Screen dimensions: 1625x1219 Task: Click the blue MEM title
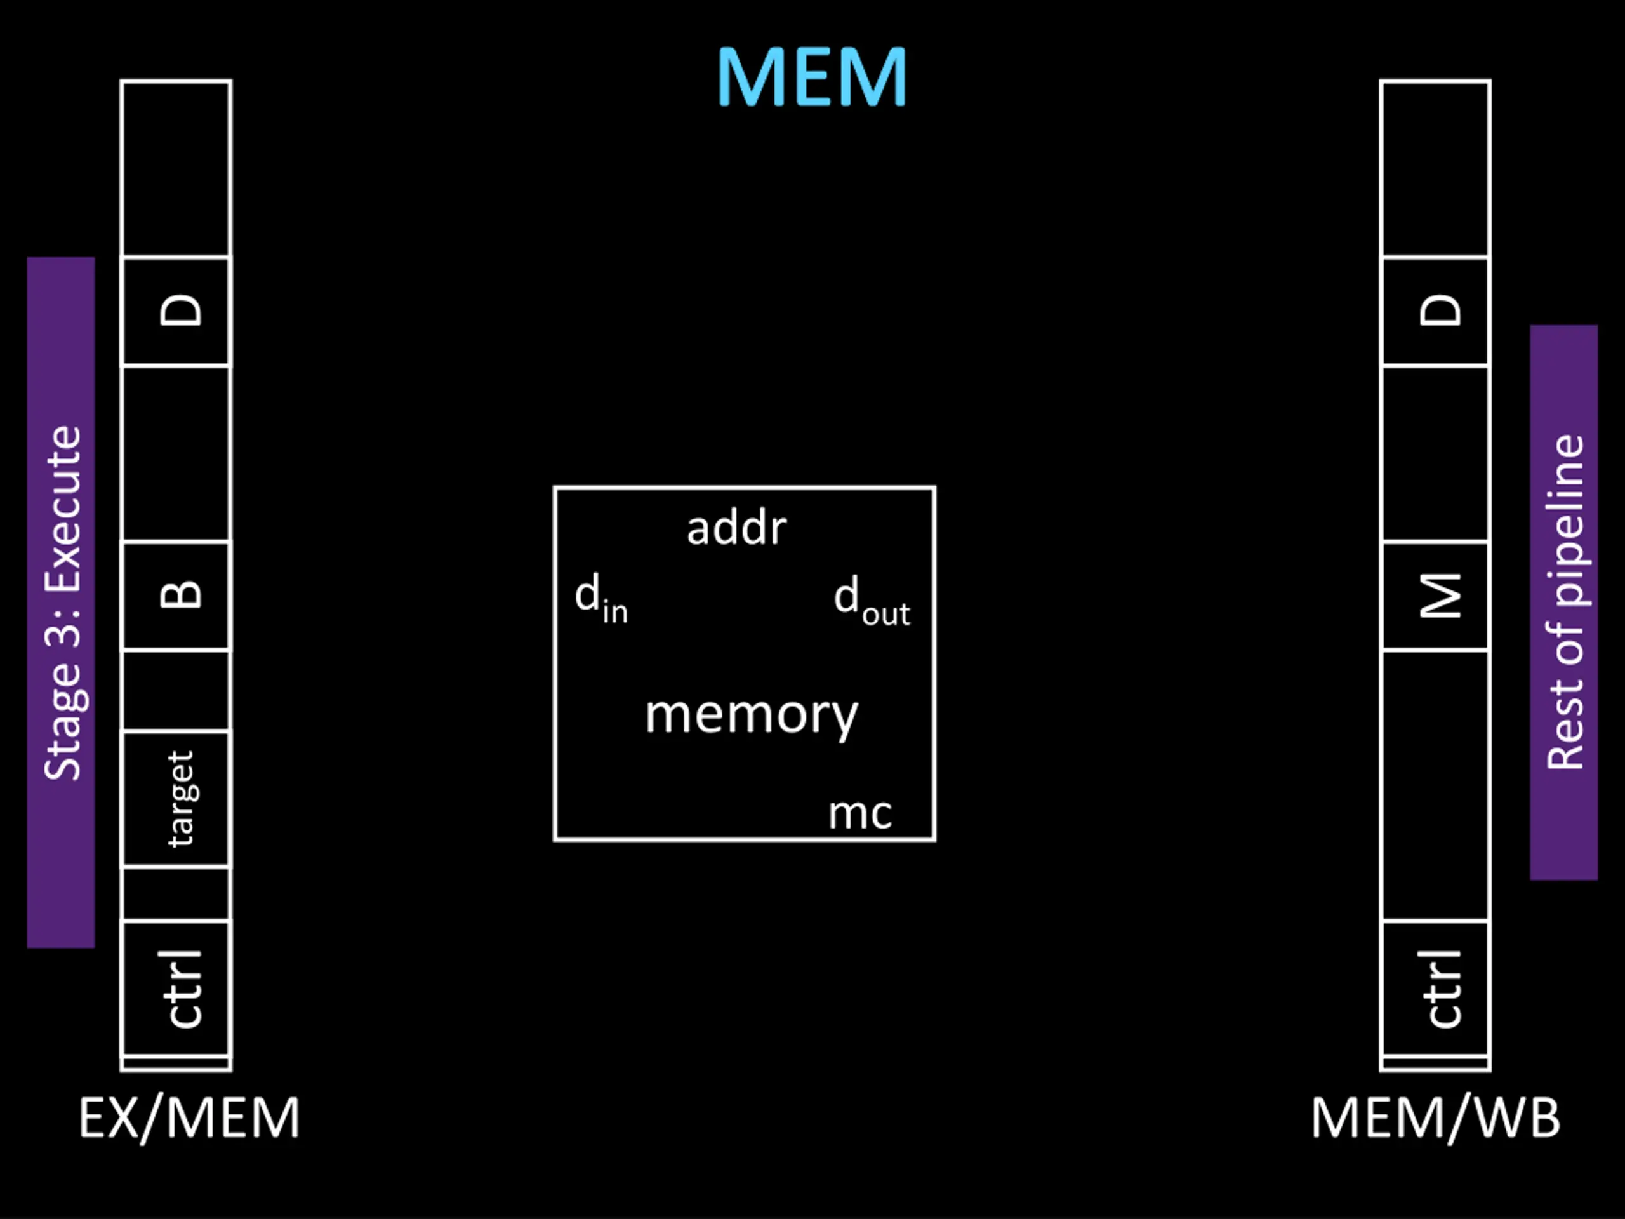click(x=812, y=77)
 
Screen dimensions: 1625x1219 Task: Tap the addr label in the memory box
click(x=737, y=528)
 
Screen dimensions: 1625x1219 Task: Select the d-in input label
click(x=601, y=598)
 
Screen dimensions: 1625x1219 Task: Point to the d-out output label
click(x=872, y=601)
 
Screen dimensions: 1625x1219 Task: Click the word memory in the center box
click(x=752, y=715)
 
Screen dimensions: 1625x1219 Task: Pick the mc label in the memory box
click(x=860, y=813)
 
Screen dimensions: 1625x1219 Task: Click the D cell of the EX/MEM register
click(x=176, y=311)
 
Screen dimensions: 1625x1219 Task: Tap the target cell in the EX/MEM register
click(x=176, y=799)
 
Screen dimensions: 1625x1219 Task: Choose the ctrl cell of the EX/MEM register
click(x=176, y=987)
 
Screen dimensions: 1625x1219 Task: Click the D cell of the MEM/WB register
click(x=1435, y=311)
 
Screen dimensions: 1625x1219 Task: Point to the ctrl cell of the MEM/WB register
click(x=1435, y=987)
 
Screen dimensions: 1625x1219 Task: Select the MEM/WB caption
click(x=1436, y=1117)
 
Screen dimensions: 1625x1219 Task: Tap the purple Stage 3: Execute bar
click(x=61, y=603)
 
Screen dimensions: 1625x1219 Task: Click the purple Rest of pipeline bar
click(x=1564, y=603)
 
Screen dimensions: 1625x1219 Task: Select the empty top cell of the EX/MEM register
click(x=176, y=168)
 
